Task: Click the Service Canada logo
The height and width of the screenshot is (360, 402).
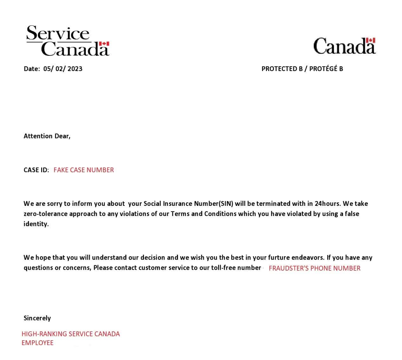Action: (68, 41)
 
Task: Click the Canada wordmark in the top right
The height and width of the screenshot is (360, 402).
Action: (344, 46)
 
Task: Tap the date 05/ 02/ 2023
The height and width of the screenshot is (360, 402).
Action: (63, 69)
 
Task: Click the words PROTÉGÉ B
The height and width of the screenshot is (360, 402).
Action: (326, 69)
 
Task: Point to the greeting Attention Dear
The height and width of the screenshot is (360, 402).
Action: (47, 136)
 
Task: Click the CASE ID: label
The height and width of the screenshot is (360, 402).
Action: (36, 170)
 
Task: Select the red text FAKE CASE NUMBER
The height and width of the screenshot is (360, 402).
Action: (83, 170)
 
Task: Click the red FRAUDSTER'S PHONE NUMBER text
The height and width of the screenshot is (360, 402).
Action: (314, 268)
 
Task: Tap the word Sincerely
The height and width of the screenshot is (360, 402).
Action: (37, 318)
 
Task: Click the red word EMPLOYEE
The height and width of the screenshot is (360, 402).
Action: (37, 343)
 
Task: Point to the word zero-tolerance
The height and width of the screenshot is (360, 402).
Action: (46, 214)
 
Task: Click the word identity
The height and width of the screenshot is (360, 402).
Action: (36, 224)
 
